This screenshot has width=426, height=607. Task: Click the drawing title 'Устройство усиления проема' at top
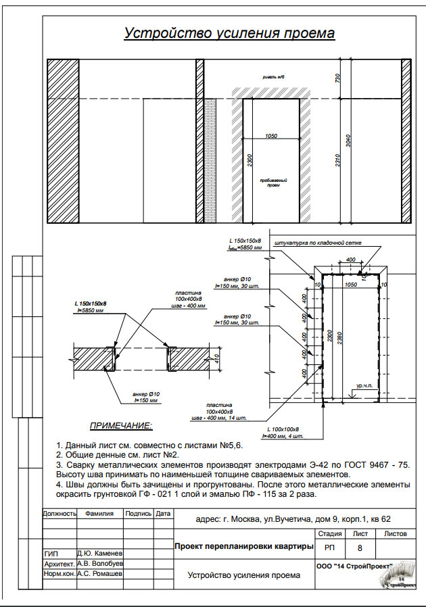click(229, 34)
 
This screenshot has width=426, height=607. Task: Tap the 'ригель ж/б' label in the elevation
click(274, 78)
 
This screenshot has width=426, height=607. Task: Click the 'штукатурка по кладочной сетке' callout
click(316, 241)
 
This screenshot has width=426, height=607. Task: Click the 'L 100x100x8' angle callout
click(283, 430)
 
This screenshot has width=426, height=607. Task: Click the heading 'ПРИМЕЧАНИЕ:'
click(121, 427)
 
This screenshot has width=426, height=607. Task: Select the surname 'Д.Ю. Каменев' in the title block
click(99, 553)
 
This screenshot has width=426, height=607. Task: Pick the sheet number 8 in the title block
click(360, 548)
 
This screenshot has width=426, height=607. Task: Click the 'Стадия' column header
click(329, 533)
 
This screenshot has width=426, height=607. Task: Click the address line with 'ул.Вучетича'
click(292, 519)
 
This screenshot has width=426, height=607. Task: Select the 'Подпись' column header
click(138, 514)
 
